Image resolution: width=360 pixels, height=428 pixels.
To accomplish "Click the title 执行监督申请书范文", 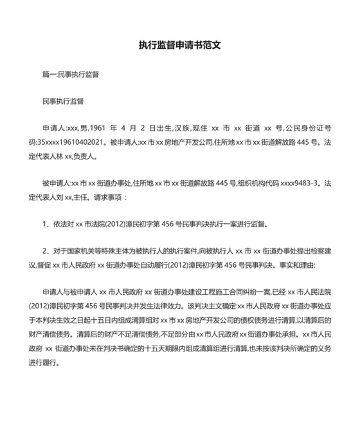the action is tap(179, 46).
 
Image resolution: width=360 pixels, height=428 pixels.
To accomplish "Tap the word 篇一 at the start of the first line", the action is tap(49, 75).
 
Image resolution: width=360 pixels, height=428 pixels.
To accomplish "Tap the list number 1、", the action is tap(46, 225).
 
